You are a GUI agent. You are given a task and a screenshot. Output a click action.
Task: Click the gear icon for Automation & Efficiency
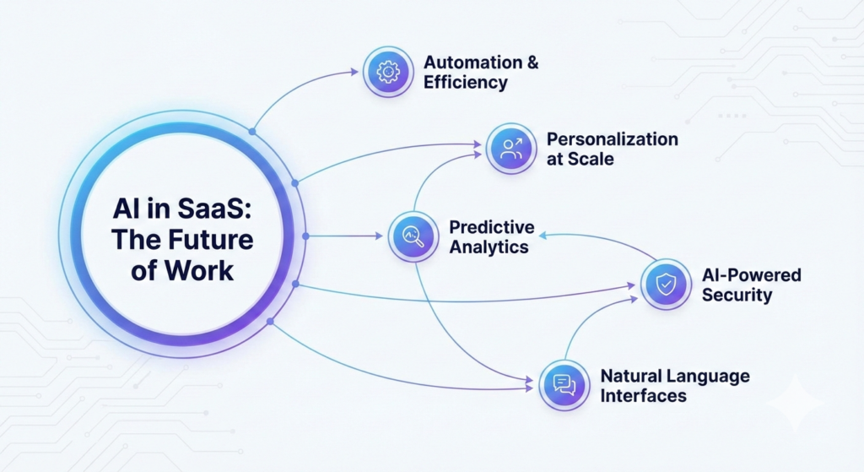388,72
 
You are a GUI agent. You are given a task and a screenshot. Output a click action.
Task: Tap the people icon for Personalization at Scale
511,149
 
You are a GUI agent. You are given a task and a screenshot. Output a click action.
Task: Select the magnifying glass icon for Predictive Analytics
413,236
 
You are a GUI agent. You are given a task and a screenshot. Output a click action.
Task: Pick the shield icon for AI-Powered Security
666,284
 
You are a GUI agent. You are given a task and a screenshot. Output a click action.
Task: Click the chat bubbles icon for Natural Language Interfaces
564,385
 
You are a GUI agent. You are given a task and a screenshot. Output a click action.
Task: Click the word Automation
472,62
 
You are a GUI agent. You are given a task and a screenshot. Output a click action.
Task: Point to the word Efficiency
465,82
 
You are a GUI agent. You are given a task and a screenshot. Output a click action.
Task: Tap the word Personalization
613,139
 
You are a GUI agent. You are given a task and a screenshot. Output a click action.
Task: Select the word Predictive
492,227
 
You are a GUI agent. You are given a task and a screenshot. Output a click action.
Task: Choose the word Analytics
489,247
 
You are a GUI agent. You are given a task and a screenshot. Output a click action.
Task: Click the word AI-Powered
752,275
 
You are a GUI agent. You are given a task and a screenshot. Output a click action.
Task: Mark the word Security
737,295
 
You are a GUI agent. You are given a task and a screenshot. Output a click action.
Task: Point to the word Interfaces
643,396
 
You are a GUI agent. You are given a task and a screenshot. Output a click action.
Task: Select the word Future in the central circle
210,240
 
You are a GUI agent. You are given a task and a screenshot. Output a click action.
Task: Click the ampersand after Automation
532,62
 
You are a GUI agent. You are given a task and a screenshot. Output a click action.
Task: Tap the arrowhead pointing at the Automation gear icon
354,71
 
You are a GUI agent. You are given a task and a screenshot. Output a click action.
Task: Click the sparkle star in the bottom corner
796,403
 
